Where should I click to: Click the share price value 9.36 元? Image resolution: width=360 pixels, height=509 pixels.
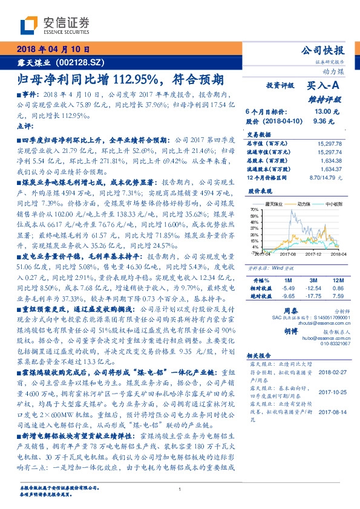pos(324,120)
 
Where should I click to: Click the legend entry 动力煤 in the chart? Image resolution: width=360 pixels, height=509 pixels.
pos(299,204)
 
